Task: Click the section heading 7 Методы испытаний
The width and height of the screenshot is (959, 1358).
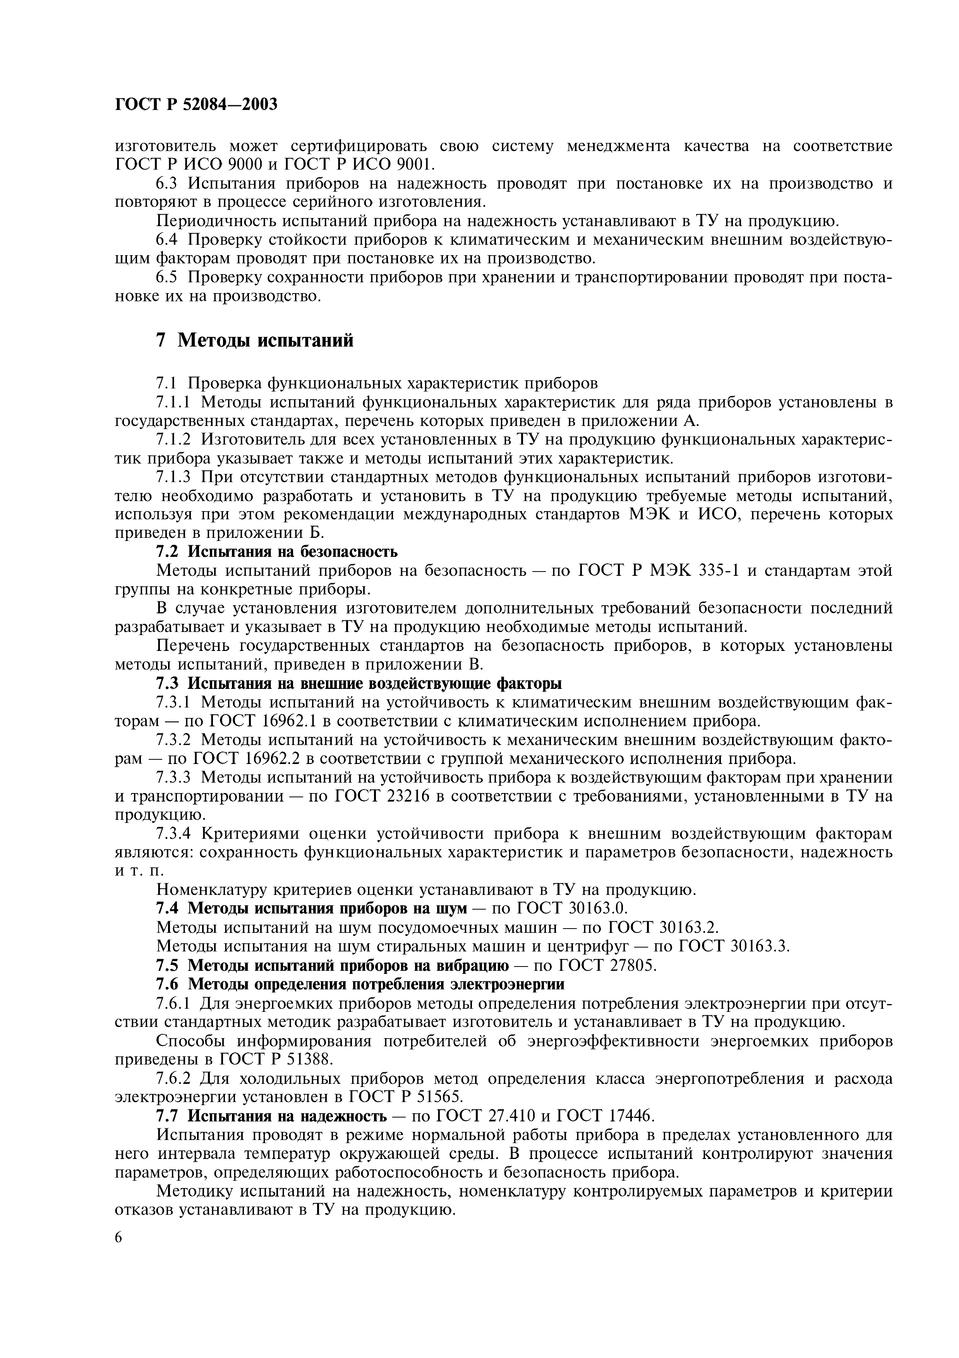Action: [x=255, y=341]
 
